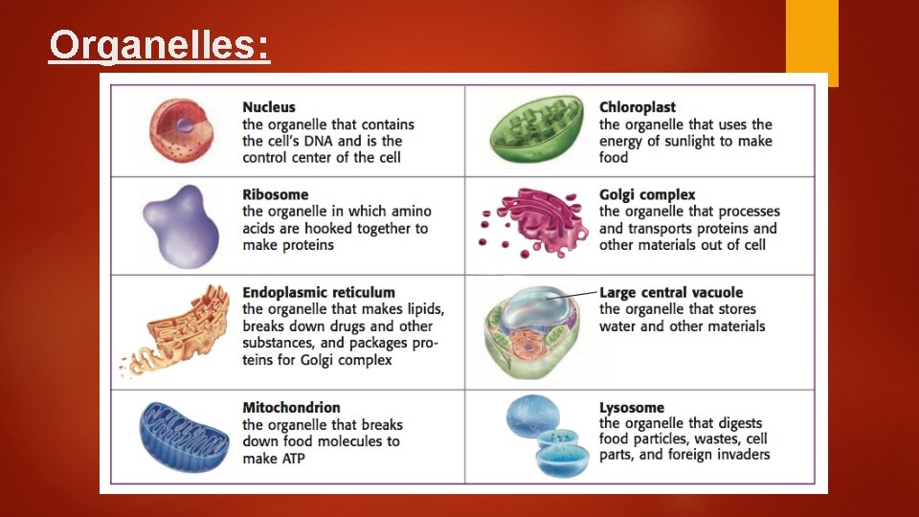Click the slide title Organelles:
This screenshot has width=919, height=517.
point(159,45)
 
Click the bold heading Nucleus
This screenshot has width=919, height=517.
point(269,107)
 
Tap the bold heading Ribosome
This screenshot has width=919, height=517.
point(276,194)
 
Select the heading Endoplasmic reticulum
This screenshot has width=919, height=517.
point(319,292)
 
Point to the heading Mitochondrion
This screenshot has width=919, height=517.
point(291,408)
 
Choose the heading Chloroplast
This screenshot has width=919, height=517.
point(638,107)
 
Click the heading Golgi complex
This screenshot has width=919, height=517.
point(647,194)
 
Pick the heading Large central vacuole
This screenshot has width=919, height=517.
point(671,292)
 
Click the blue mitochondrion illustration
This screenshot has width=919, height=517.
point(184,437)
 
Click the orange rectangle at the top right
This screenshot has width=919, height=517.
point(812,41)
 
